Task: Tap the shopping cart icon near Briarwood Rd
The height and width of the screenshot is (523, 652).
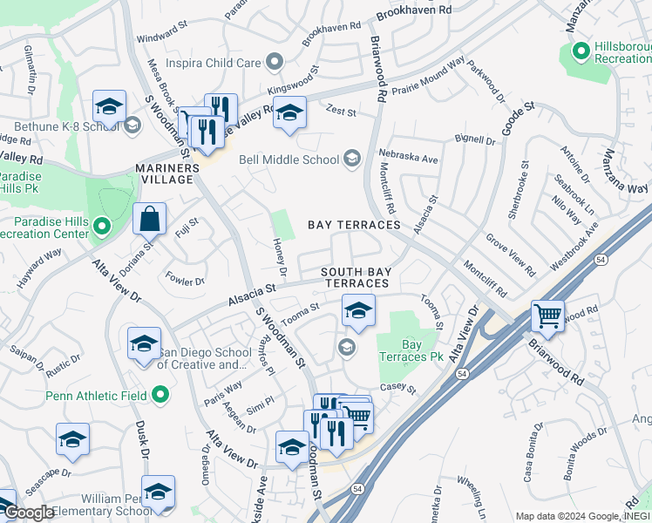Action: point(547,316)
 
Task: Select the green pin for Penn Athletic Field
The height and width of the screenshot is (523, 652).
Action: point(160,396)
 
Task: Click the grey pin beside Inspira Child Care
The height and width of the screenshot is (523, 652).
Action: point(275,62)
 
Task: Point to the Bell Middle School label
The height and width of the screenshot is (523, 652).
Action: point(290,159)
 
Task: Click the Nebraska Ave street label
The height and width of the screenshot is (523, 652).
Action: point(408,160)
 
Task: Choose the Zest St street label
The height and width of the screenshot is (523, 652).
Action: point(341,112)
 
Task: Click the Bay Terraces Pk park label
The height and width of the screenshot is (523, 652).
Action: point(405,351)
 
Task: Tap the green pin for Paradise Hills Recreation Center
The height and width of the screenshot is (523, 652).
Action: point(101,228)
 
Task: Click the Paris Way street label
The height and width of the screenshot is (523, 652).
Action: point(222,387)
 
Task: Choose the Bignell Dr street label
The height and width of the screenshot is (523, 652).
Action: point(475,139)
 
